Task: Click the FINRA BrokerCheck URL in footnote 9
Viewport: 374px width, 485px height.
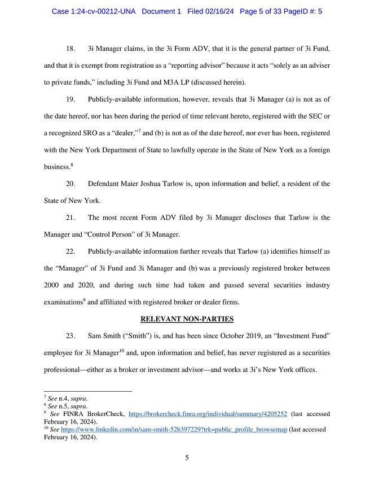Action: point(208,414)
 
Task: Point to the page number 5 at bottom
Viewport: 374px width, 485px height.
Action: point(187,458)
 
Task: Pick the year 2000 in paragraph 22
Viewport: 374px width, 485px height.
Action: point(52,285)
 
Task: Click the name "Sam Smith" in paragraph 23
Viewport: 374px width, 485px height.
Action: point(104,336)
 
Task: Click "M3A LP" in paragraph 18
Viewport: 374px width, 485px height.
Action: point(182,83)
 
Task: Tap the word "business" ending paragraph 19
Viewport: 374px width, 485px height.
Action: point(56,167)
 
